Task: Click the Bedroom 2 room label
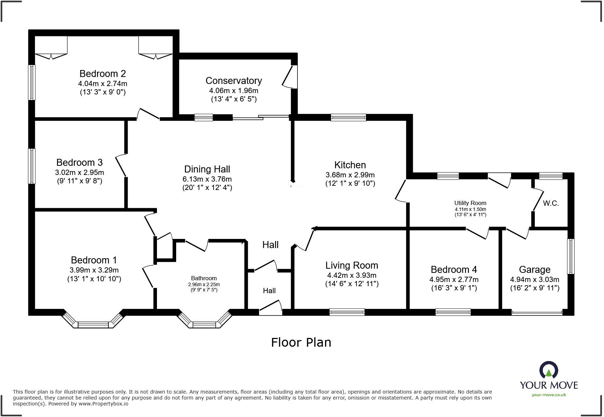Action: click(102, 73)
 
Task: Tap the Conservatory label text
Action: click(233, 80)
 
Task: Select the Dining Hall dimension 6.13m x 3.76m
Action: click(207, 179)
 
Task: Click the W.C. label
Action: click(551, 203)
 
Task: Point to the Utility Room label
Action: click(470, 203)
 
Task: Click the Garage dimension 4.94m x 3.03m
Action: click(534, 280)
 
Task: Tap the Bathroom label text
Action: click(204, 278)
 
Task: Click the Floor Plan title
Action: click(301, 342)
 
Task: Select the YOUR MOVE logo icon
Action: click(549, 370)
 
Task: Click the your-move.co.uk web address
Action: click(549, 395)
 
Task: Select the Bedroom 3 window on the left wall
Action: click(32, 166)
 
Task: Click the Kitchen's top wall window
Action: click(348, 118)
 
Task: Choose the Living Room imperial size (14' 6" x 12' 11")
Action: click(352, 284)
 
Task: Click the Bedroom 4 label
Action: click(454, 269)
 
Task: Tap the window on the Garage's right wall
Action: click(570, 256)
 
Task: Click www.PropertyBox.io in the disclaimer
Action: click(103, 404)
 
